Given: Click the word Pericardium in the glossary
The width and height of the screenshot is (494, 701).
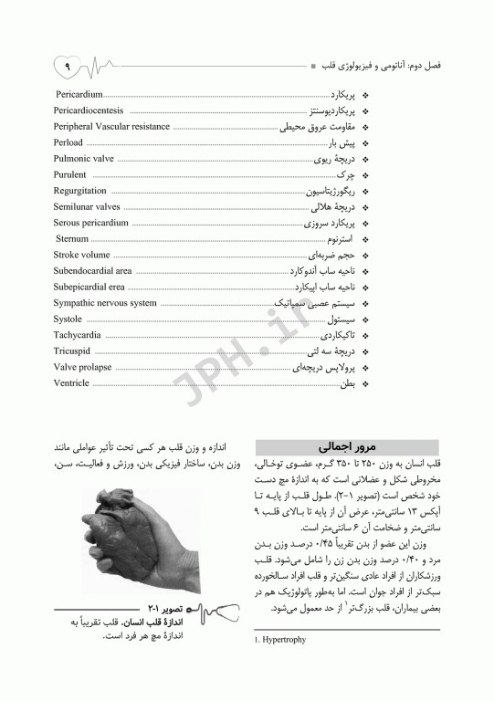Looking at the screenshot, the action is (79, 94).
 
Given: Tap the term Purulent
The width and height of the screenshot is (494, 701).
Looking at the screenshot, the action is (70, 174).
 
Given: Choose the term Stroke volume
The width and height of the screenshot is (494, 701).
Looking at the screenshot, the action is (81, 255).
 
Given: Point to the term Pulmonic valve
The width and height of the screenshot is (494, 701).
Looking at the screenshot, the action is (83, 158).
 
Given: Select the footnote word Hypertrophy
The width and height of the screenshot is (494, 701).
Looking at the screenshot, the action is (288, 640).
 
